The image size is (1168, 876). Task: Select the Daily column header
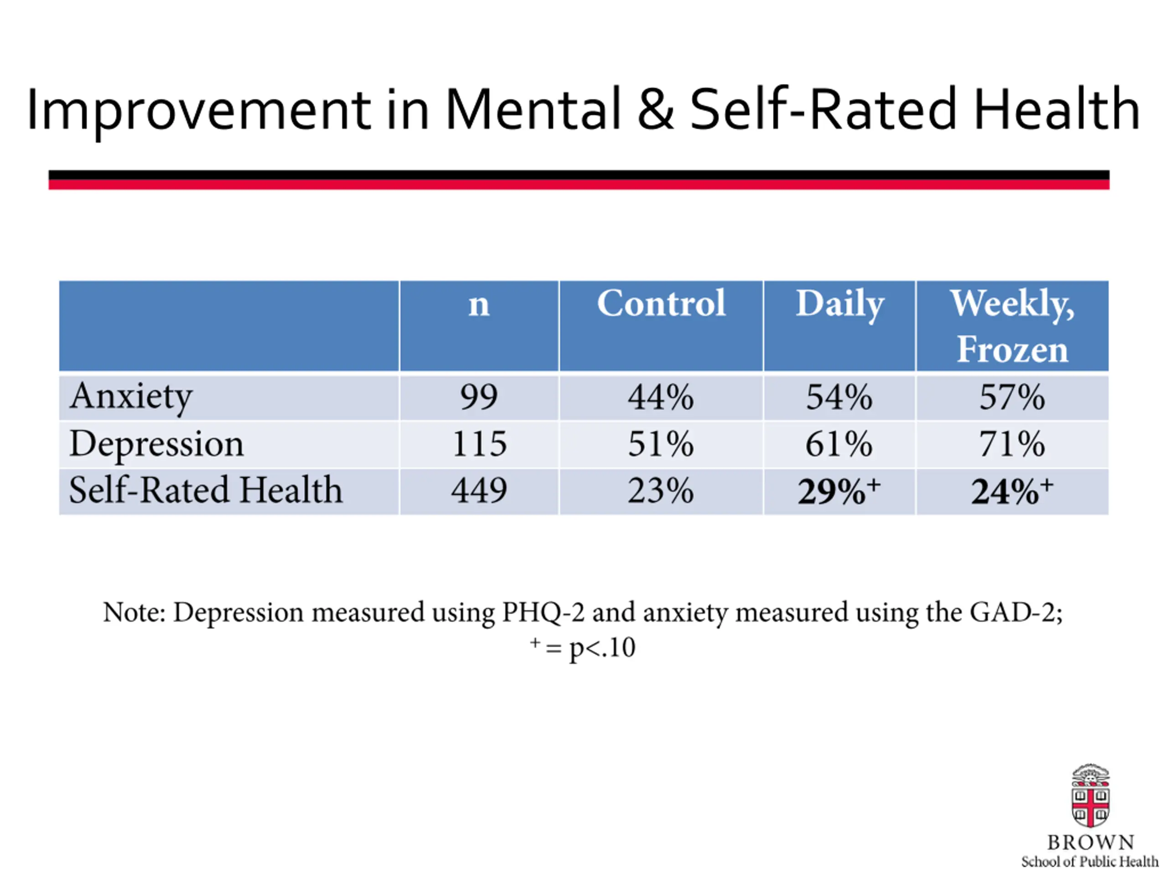(839, 305)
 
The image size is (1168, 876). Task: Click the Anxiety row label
(131, 397)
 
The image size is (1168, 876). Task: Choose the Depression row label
(156, 444)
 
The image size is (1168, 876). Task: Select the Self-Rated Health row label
(206, 490)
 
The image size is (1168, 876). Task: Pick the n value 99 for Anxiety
(479, 397)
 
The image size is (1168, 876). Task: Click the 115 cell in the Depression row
(479, 443)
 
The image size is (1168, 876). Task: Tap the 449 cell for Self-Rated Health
(479, 490)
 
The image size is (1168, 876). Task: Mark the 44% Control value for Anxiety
(661, 397)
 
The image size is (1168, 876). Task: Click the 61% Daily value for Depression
(839, 443)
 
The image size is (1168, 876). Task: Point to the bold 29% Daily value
(839, 490)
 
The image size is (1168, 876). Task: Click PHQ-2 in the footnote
(543, 612)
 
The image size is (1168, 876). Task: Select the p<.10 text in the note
(602, 648)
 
